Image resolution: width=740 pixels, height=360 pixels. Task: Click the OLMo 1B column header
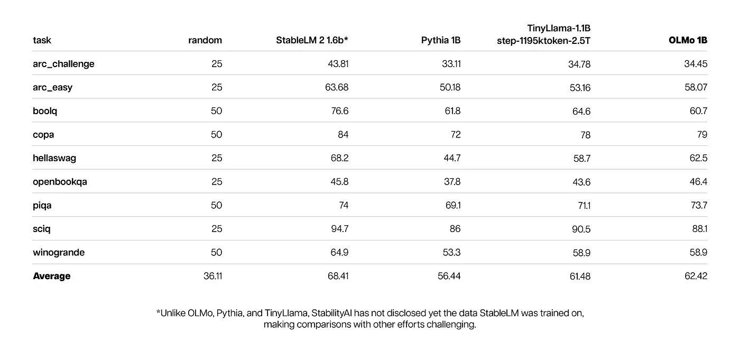click(688, 40)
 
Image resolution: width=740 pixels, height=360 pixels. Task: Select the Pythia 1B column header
click(441, 40)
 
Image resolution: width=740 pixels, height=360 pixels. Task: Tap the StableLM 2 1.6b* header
click(312, 40)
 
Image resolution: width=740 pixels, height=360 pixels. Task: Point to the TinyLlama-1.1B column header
click(544, 34)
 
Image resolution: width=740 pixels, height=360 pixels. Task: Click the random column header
click(205, 40)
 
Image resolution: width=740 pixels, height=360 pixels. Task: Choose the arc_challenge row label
click(63, 64)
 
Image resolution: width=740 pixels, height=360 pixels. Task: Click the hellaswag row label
click(54, 158)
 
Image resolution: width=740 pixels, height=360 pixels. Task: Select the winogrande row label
click(59, 253)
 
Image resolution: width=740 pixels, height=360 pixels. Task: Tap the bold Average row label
click(52, 276)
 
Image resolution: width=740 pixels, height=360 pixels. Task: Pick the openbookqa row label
click(60, 182)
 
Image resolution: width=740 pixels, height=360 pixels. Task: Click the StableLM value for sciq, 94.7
click(339, 229)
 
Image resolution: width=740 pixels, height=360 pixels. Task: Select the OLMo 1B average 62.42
click(696, 276)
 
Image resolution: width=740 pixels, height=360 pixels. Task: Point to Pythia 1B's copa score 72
click(456, 135)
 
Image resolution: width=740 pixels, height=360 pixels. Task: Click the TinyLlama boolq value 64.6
click(581, 112)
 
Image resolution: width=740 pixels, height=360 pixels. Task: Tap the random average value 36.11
click(212, 276)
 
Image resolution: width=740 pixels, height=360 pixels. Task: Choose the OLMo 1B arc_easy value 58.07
click(696, 88)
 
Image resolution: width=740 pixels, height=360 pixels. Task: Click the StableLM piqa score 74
click(344, 206)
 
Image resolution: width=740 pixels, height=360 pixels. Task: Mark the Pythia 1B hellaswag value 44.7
click(452, 158)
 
